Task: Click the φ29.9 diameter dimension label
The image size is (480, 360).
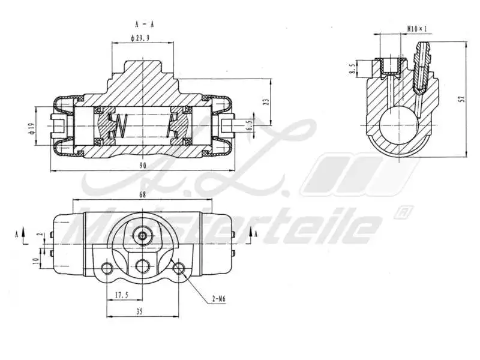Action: (x=142, y=38)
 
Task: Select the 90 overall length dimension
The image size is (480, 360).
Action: (x=142, y=166)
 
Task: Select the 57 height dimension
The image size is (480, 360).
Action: (x=461, y=99)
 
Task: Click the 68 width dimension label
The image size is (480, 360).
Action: (x=142, y=194)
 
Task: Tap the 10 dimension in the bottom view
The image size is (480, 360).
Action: (x=35, y=261)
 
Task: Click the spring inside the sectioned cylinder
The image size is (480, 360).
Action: (x=123, y=125)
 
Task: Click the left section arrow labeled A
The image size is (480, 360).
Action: (x=23, y=234)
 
